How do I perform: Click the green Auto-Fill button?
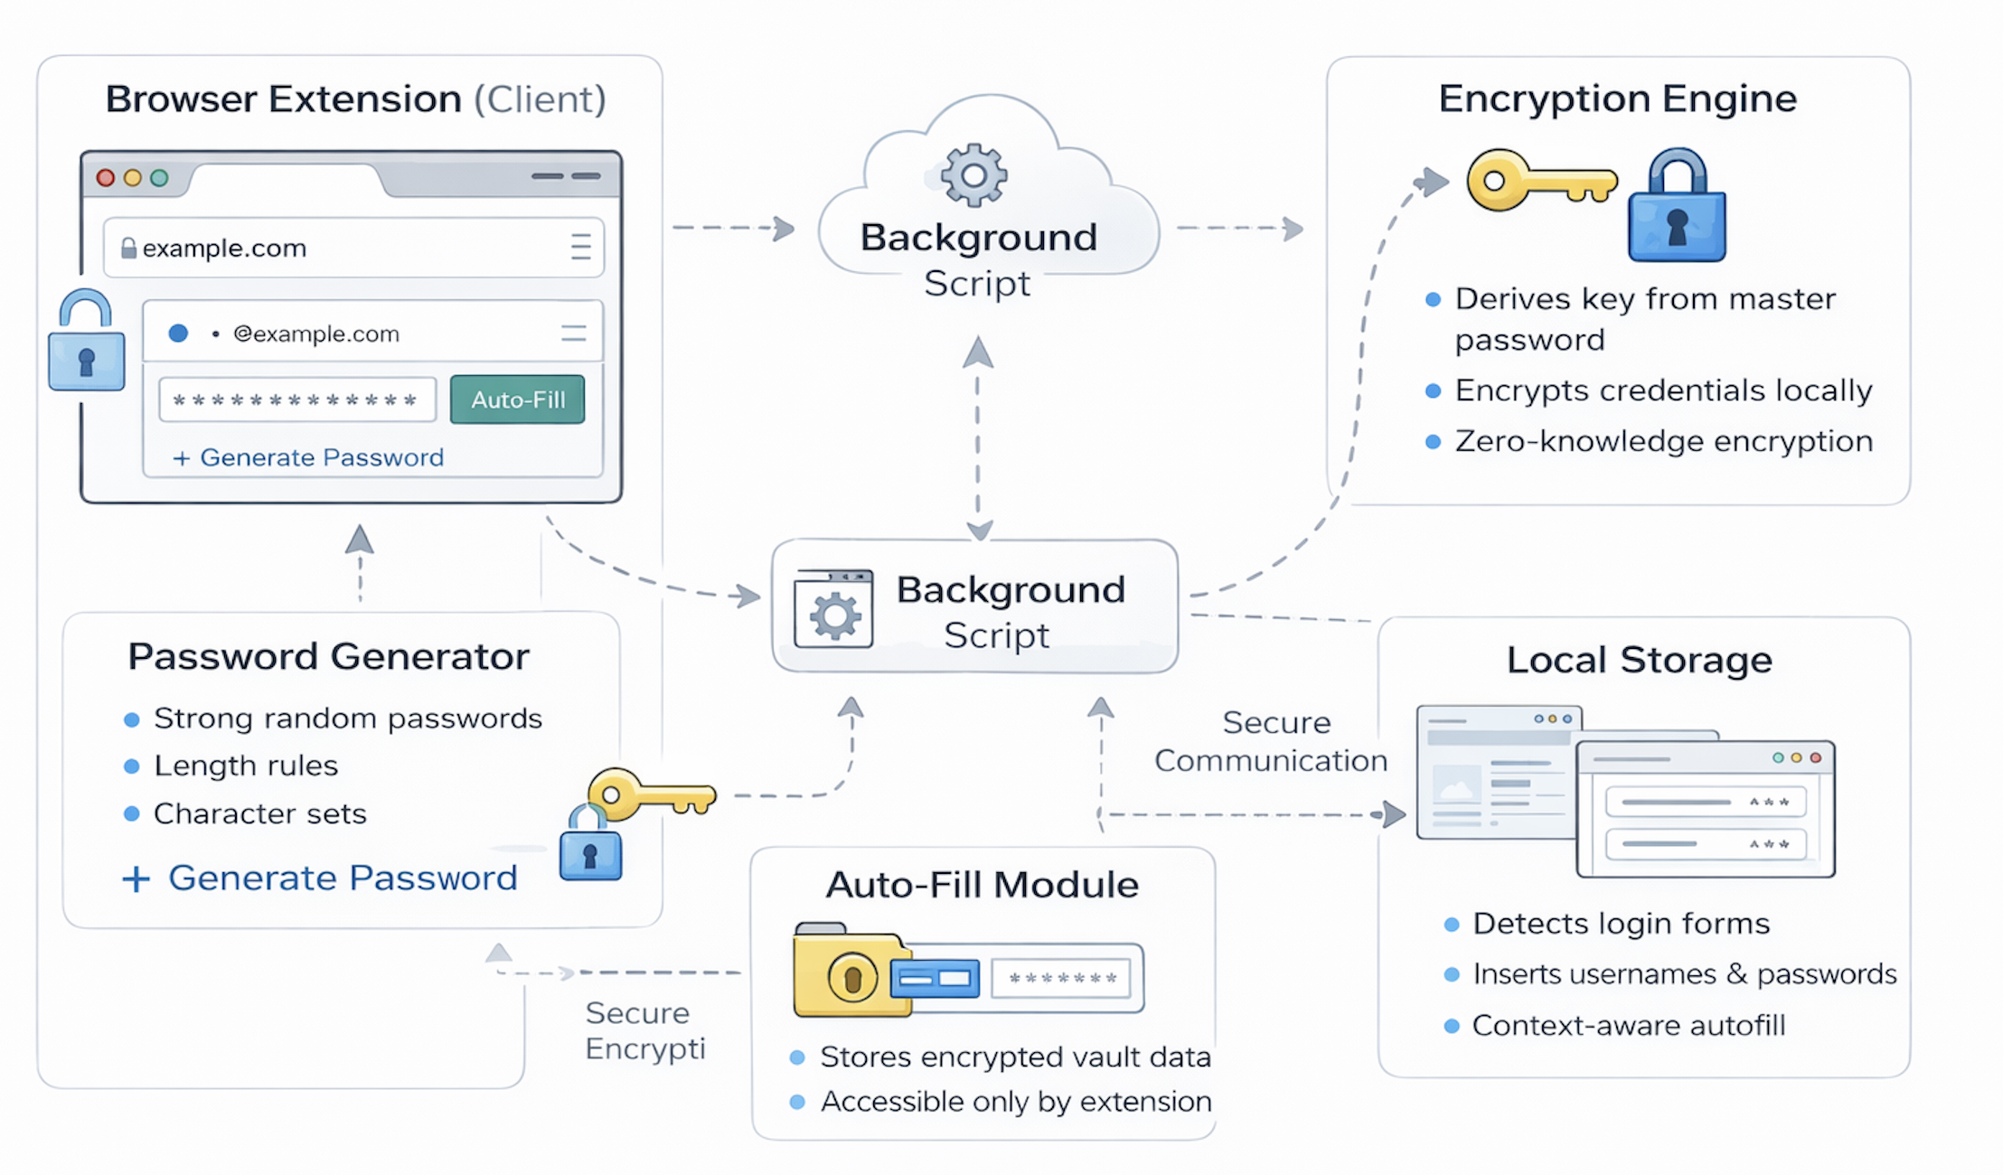coord(517,399)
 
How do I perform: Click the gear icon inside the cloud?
coord(973,174)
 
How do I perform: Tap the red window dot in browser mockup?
coord(106,178)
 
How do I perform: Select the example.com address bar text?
coord(224,248)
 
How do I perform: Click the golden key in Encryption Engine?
coord(1539,181)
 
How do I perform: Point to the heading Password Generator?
coord(328,656)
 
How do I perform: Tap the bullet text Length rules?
coord(245,766)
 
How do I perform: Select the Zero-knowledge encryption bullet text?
coord(1663,441)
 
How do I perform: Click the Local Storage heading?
coord(1639,660)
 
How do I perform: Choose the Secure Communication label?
coord(1271,741)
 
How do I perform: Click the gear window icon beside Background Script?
coord(833,609)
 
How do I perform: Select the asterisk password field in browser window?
coord(296,399)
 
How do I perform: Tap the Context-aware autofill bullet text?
coord(1628,1026)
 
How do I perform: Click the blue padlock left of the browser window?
coord(86,345)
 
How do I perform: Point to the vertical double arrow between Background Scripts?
coord(978,438)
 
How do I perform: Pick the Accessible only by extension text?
coord(1015,1102)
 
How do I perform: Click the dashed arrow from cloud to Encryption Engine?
coord(1240,229)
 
